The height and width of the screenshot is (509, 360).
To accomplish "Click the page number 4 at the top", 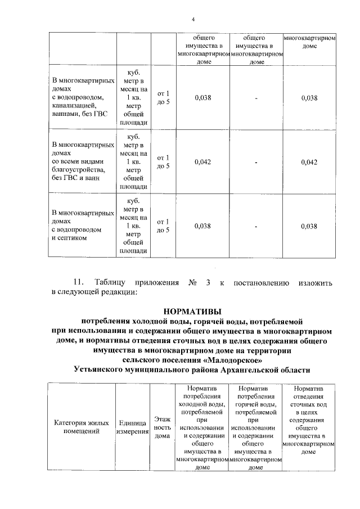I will (x=193, y=20).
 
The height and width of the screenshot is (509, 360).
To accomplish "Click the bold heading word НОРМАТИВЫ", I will (x=192, y=310).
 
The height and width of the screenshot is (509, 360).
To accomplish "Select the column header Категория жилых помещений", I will (x=81, y=427).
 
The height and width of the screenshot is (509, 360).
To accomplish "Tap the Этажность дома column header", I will (x=163, y=427).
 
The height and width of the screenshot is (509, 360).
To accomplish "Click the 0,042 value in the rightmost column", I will (x=309, y=162).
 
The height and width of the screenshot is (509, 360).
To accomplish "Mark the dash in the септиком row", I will (x=255, y=226).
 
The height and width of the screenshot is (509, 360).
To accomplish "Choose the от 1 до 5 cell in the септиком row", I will (x=163, y=226).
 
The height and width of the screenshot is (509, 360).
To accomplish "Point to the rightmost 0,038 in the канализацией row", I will (x=309, y=98).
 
